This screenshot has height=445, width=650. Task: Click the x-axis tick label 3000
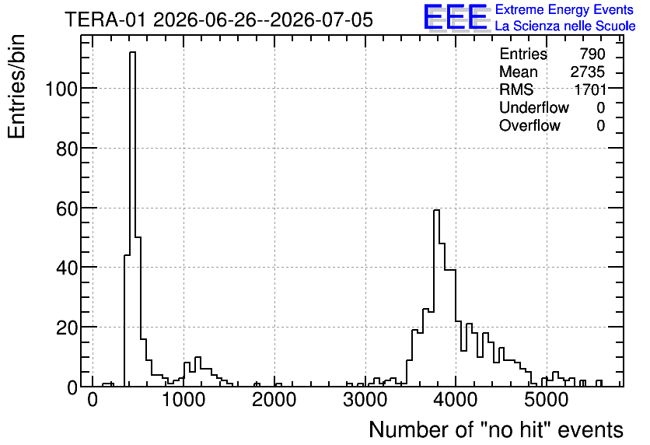365,400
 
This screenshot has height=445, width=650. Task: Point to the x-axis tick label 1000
183,400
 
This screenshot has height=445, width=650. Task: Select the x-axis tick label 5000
547,400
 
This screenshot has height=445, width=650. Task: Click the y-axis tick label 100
61,89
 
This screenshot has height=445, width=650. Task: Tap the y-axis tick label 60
67,208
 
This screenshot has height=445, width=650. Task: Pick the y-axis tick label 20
67,328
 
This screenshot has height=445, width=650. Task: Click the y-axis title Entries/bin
16,86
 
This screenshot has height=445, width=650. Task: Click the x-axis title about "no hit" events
496,429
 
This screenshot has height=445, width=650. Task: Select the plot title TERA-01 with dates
219,19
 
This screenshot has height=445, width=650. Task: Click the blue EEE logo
456,17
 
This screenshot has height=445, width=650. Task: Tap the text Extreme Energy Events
564,9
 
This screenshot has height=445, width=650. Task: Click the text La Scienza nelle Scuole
565,26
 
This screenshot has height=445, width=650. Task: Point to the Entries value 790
592,54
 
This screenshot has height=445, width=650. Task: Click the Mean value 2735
587,72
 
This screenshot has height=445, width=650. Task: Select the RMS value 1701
590,89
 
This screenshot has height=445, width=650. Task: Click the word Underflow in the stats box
534,107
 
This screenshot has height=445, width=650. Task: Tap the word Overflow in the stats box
529,125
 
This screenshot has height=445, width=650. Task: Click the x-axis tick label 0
93,400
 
